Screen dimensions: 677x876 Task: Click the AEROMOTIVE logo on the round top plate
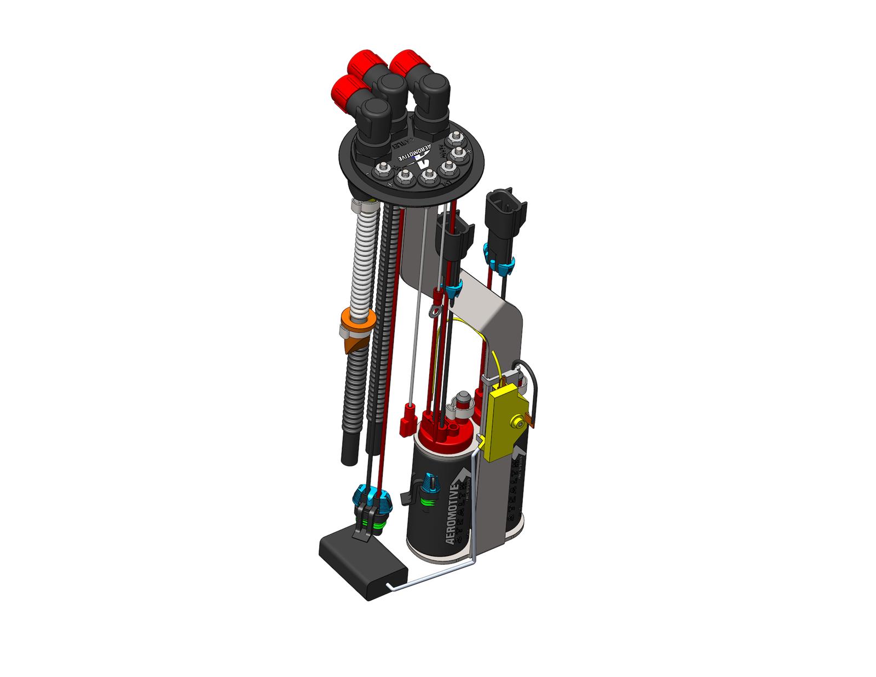[416, 153]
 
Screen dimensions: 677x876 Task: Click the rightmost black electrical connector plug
[504, 214]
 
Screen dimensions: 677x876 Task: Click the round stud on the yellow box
[517, 421]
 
